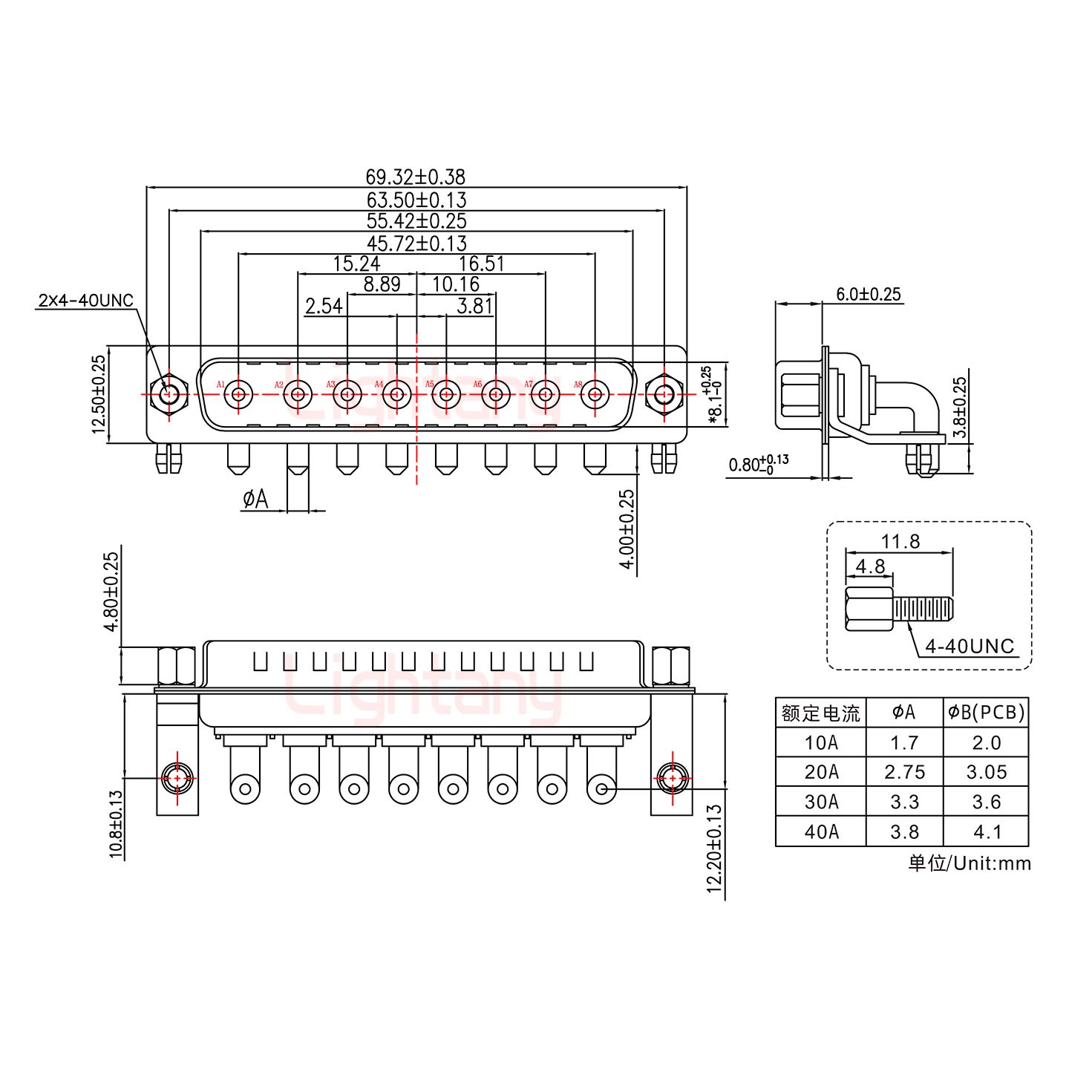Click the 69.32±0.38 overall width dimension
pyautogui.click(x=416, y=177)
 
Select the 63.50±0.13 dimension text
pyautogui.click(x=416, y=200)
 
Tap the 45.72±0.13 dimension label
pyautogui.click(x=416, y=243)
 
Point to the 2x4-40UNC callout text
pyautogui.click(x=85, y=301)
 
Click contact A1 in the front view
pyautogui.click(x=238, y=393)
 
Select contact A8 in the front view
pyautogui.click(x=595, y=393)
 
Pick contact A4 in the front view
pyautogui.click(x=396, y=393)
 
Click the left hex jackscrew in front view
pyautogui.click(x=169, y=393)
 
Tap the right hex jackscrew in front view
pyautogui.click(x=663, y=393)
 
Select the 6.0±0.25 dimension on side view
pyautogui.click(x=868, y=294)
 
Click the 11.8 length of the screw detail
pyautogui.click(x=900, y=541)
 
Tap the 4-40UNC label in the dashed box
pyautogui.click(x=969, y=646)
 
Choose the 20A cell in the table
pyautogui.click(x=820, y=772)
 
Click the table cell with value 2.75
pyautogui.click(x=904, y=772)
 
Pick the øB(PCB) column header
pyautogui.click(x=986, y=713)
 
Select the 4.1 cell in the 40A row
pyautogui.click(x=986, y=831)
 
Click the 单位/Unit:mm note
pyautogui.click(x=969, y=863)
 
